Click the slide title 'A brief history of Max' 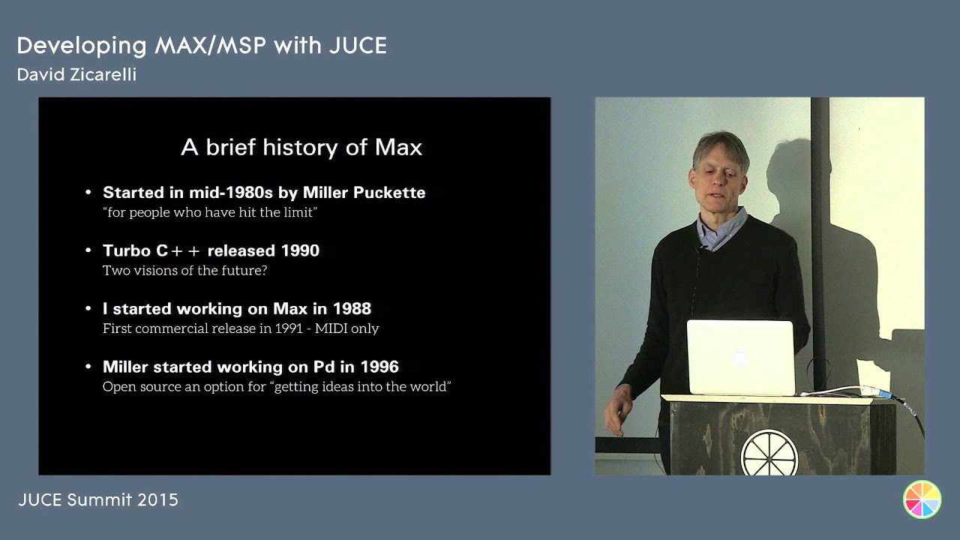(x=301, y=147)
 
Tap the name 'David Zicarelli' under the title (x=76, y=75)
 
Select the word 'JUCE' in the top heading (x=358, y=46)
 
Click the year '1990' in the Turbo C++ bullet (x=300, y=250)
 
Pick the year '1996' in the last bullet (x=379, y=367)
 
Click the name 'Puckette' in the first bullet (x=390, y=193)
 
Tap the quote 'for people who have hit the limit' (x=210, y=212)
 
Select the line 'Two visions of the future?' (x=184, y=270)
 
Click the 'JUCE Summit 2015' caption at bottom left (x=97, y=499)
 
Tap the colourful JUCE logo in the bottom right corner (x=922, y=499)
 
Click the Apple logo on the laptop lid (x=740, y=358)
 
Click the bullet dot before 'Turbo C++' (x=88, y=251)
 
